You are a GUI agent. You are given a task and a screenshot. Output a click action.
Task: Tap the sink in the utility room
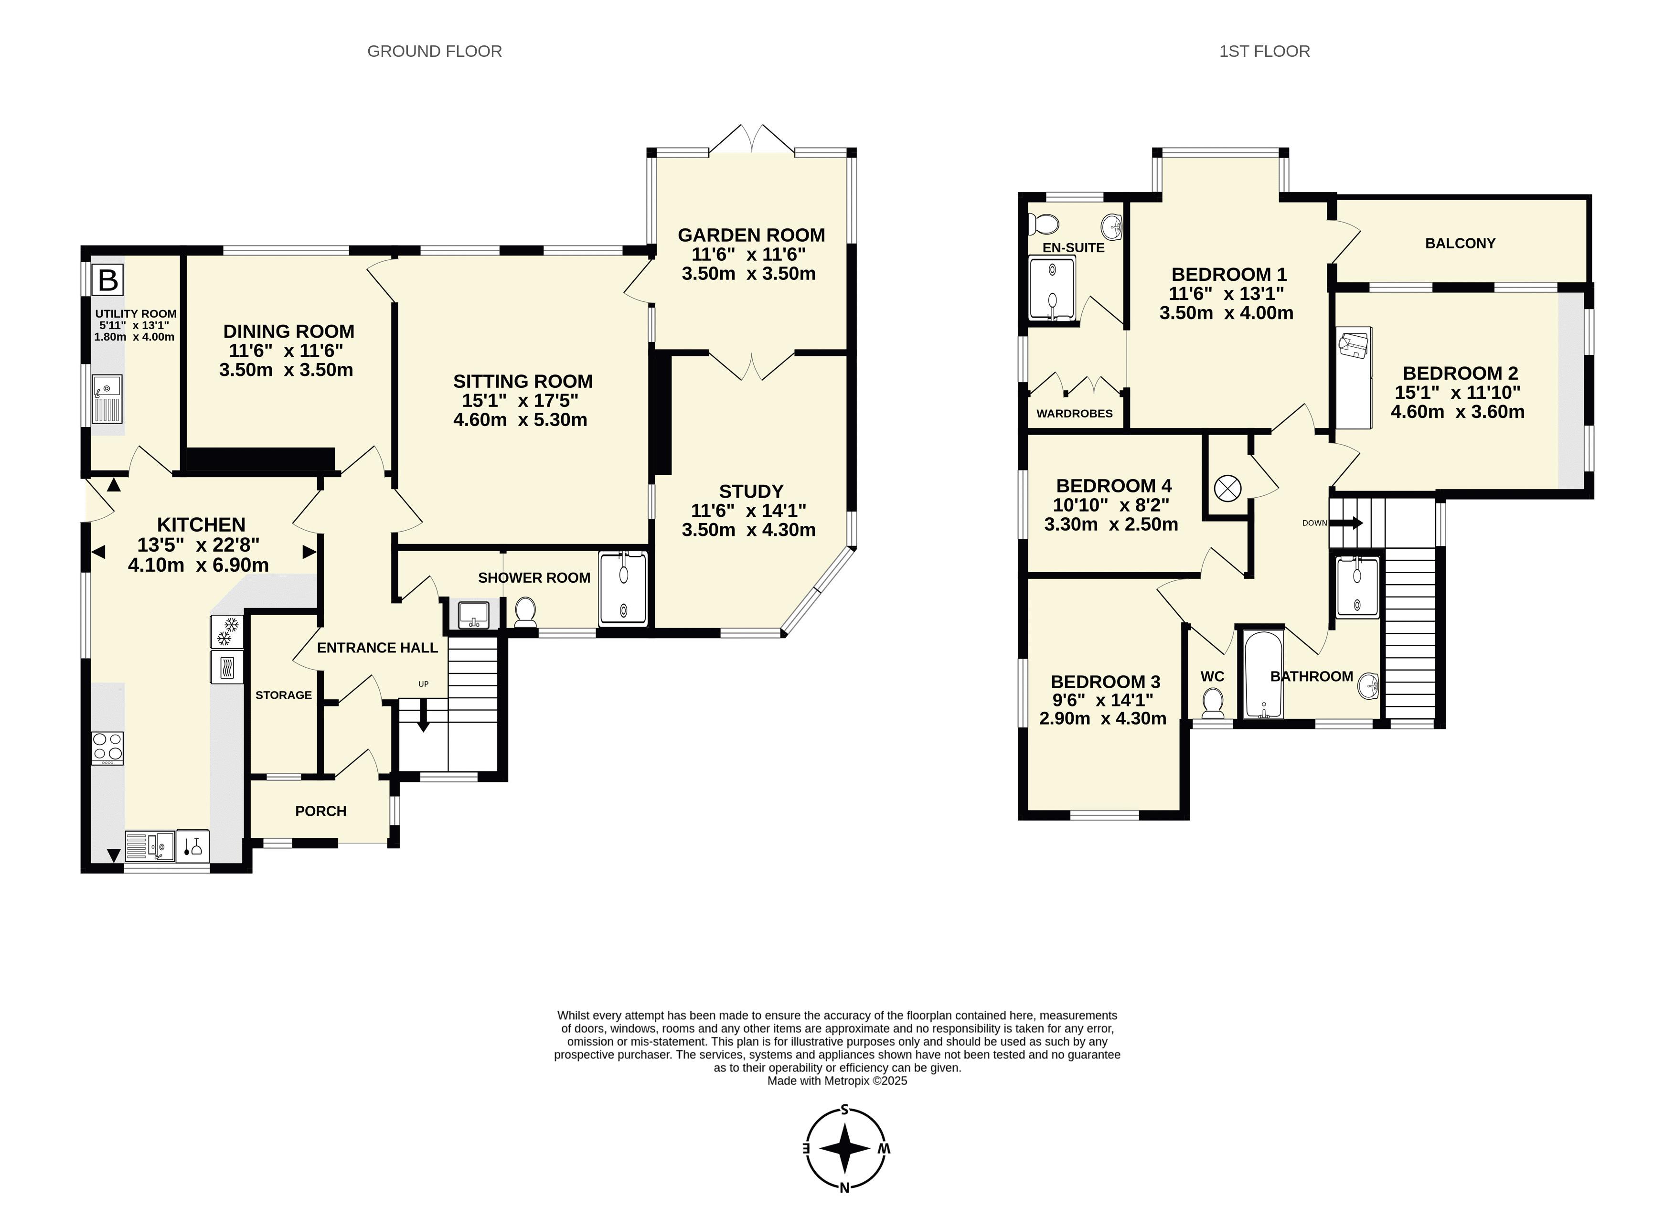coord(107,399)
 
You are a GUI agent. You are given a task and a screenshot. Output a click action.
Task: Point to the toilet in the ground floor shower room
coord(525,612)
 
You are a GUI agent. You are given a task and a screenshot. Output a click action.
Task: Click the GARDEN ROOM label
coord(751,235)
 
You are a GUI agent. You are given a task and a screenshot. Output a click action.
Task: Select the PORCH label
coord(320,811)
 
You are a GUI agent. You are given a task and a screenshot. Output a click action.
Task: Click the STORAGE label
coord(284,695)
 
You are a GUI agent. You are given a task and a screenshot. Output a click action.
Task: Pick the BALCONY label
coord(1460,243)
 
